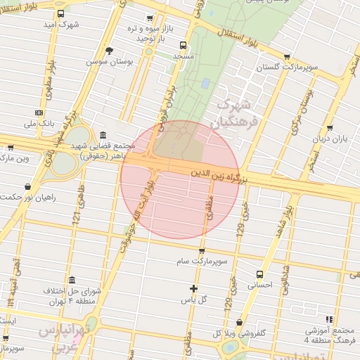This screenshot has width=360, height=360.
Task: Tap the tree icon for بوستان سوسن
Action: [x=109, y=51]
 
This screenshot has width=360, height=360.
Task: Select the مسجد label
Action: [x=184, y=55]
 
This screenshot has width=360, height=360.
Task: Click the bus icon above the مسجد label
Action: [x=184, y=44]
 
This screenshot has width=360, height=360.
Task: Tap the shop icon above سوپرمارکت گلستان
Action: [x=286, y=58]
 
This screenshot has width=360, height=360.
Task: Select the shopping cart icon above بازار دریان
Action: [x=330, y=129]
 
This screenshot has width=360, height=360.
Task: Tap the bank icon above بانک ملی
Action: [x=39, y=112]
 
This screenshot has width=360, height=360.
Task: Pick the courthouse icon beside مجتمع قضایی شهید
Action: [x=103, y=135]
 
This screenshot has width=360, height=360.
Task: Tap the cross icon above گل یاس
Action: [x=194, y=288]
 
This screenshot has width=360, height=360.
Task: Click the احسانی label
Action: [x=260, y=285]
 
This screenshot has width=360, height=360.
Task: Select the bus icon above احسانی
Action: [x=260, y=275]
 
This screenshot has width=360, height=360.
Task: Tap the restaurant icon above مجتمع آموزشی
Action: [x=330, y=319]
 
